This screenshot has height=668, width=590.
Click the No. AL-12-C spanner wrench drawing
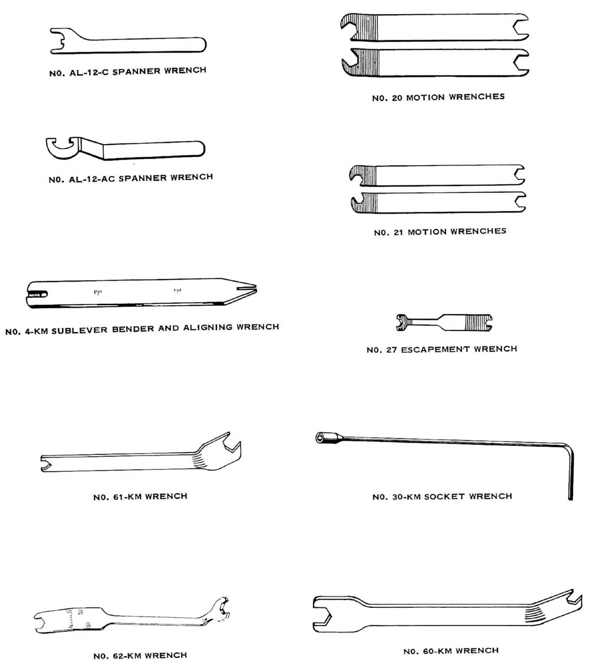tap(128, 41)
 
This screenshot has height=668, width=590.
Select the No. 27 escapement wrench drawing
tap(444, 323)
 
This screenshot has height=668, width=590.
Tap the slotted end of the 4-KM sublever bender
tap(37, 294)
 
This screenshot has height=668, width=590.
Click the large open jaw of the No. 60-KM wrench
tap(327, 614)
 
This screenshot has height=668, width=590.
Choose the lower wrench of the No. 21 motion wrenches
tap(438, 202)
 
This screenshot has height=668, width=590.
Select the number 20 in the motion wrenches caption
tap(397, 98)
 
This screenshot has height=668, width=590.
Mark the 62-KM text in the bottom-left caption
tap(127, 656)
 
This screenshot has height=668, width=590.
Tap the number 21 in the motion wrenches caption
tap(398, 233)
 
